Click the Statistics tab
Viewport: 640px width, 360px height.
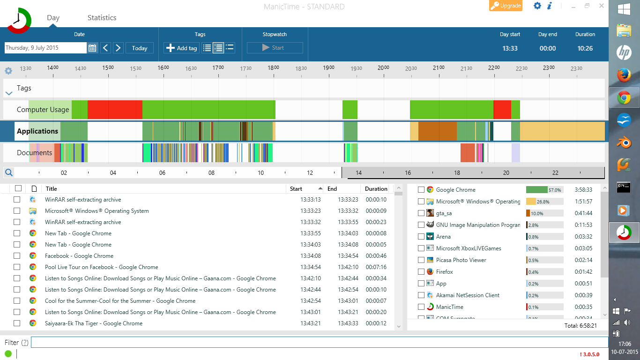(x=102, y=18)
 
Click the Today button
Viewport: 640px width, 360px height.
(x=140, y=48)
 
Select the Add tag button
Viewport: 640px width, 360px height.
(x=182, y=48)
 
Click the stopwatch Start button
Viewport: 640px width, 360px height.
(x=275, y=48)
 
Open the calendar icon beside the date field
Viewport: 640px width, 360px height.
(x=92, y=48)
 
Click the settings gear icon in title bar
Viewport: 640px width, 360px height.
(x=537, y=6)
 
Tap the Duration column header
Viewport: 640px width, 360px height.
(x=376, y=189)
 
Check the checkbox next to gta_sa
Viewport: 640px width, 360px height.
(x=421, y=213)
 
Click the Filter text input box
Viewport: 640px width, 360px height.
(x=319, y=342)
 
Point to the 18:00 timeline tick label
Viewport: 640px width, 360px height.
(x=273, y=68)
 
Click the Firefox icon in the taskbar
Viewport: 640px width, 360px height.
(x=624, y=75)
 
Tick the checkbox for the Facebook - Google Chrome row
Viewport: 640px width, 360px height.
(x=17, y=256)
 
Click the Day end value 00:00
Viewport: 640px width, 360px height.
(x=547, y=48)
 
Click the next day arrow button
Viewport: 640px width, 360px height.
(x=118, y=48)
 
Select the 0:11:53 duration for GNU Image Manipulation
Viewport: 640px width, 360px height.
(x=583, y=225)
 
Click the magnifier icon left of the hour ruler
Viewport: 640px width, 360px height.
(x=8, y=172)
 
